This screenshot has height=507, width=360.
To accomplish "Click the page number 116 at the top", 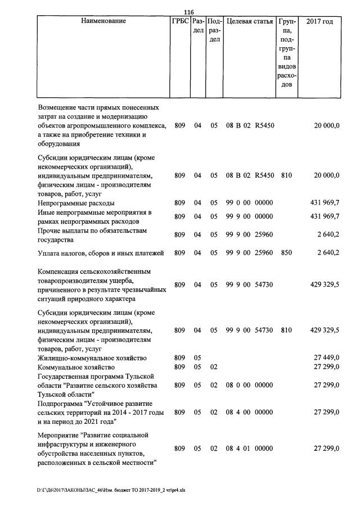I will coord(189,11).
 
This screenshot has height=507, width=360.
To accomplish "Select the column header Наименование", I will coord(103,21).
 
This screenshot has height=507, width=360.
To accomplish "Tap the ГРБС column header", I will coord(179,21).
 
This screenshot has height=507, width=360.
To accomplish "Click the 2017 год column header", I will coord(319,21).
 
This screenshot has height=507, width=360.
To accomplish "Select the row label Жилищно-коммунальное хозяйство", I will coord(92,358).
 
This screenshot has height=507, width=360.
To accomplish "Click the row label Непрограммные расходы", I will coord(76,202).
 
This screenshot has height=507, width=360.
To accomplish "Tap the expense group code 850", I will coord(286,253).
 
